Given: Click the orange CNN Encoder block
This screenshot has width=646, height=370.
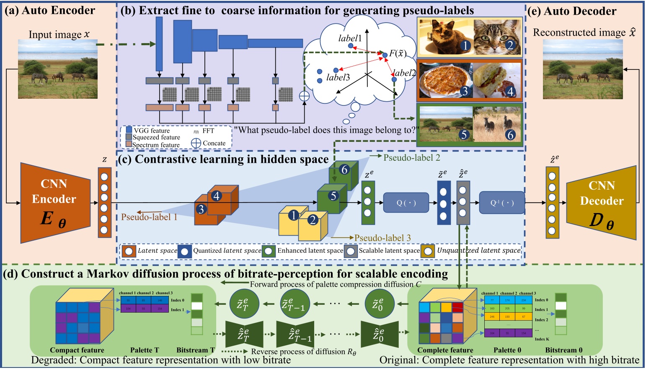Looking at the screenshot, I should [55, 203].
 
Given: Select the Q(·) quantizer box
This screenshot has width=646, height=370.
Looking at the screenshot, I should [406, 203].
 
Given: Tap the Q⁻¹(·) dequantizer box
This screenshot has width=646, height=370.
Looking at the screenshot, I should [501, 203].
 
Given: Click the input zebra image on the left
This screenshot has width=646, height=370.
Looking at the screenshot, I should [57, 69].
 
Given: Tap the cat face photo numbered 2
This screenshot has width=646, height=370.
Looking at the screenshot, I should [497, 38].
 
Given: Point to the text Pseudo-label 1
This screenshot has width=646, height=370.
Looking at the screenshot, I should [149, 217].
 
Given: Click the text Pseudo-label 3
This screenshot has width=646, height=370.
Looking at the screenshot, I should [382, 238].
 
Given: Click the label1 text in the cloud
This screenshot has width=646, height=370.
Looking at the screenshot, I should [350, 39].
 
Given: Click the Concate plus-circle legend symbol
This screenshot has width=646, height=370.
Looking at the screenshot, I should [196, 143].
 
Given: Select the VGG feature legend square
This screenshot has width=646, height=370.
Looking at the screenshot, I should [129, 130].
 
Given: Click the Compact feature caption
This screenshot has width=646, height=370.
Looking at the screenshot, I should [77, 350].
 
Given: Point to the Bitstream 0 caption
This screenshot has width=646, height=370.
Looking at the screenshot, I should [563, 350].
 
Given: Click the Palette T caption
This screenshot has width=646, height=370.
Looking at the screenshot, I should [145, 350].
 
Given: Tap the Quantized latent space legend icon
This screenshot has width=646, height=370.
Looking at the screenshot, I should [184, 251].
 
